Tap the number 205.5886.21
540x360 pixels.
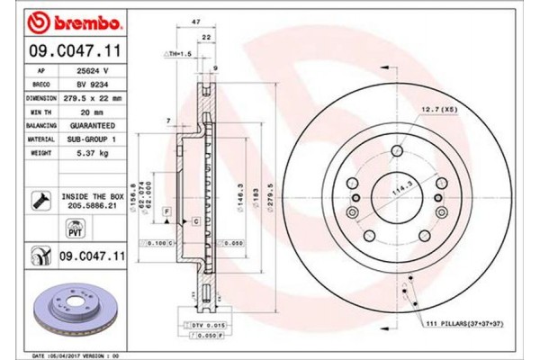[92, 205]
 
